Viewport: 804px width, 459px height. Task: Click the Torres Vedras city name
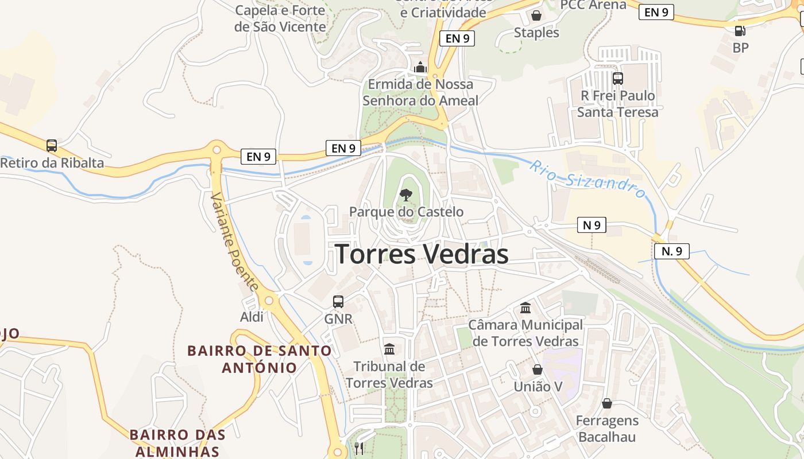pyautogui.click(x=422, y=254)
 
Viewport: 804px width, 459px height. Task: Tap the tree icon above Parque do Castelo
pyautogui.click(x=406, y=195)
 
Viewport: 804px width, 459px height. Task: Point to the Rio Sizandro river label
pyautogui.click(x=587, y=178)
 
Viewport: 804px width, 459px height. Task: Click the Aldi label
pyautogui.click(x=252, y=317)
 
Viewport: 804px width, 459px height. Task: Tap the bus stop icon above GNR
pyautogui.click(x=338, y=301)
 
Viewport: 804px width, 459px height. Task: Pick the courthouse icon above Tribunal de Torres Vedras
pyautogui.click(x=389, y=349)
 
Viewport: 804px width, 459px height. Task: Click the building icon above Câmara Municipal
pyautogui.click(x=525, y=308)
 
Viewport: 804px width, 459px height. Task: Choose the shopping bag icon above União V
pyautogui.click(x=538, y=369)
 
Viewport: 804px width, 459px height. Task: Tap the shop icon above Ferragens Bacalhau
pyautogui.click(x=607, y=404)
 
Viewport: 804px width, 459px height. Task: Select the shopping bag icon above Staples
pyautogui.click(x=536, y=15)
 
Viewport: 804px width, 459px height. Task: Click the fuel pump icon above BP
pyautogui.click(x=740, y=31)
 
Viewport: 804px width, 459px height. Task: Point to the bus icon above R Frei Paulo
pyautogui.click(x=618, y=79)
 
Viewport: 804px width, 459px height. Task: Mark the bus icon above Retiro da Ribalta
pyautogui.click(x=52, y=146)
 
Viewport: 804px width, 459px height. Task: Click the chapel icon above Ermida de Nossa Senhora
pyautogui.click(x=420, y=67)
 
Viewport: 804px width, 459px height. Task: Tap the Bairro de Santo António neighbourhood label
pyautogui.click(x=260, y=359)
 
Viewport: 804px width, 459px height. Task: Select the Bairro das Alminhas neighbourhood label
pyautogui.click(x=177, y=442)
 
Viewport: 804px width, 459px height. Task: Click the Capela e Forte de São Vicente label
pyautogui.click(x=280, y=18)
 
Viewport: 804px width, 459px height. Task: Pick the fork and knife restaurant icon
pyautogui.click(x=359, y=448)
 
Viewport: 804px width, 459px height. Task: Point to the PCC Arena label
pyautogui.click(x=593, y=5)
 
